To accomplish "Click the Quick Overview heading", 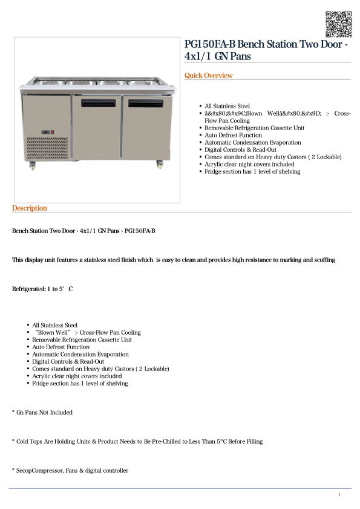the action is [x=208, y=76].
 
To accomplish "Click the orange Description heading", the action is [x=29, y=208].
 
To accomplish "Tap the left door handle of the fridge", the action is [x=97, y=103].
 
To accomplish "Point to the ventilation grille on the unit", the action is [x=48, y=149].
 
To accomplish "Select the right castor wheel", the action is [x=160, y=163].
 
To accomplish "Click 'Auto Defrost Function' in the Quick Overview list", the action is [x=233, y=135].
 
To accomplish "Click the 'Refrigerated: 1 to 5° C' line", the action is [x=42, y=289].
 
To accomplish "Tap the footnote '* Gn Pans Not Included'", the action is [x=42, y=412].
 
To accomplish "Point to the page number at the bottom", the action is [x=339, y=495].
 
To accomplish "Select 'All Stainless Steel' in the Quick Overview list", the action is [x=227, y=106].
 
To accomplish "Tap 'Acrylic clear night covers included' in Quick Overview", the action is [x=249, y=164].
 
